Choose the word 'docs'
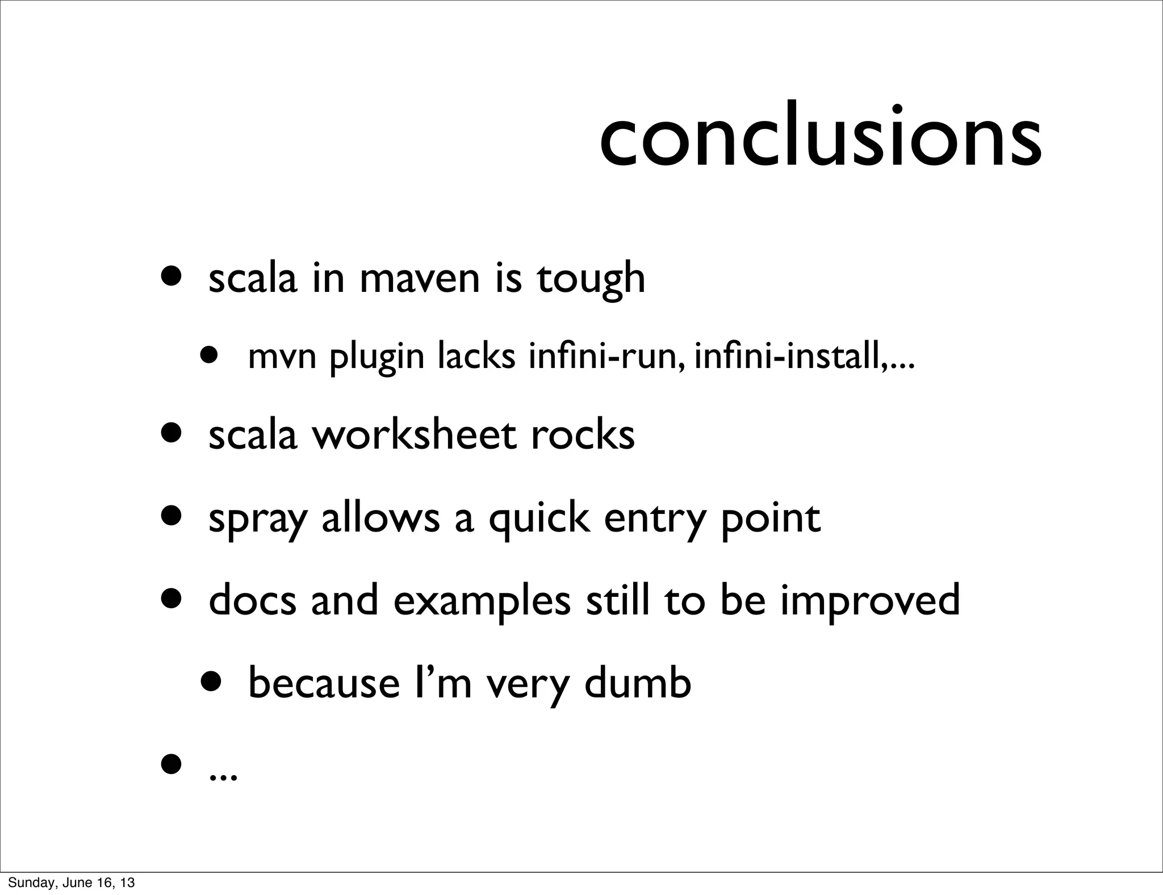click(x=253, y=600)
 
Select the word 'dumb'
click(x=638, y=683)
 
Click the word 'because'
click(x=324, y=684)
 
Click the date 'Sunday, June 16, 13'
click(x=72, y=883)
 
